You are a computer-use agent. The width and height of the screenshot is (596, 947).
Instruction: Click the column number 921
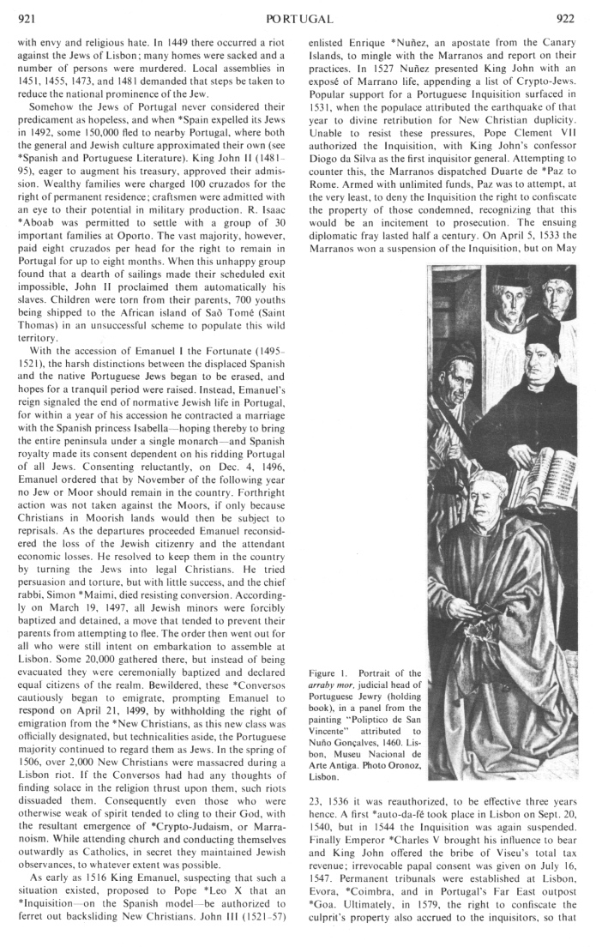coord(27,17)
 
